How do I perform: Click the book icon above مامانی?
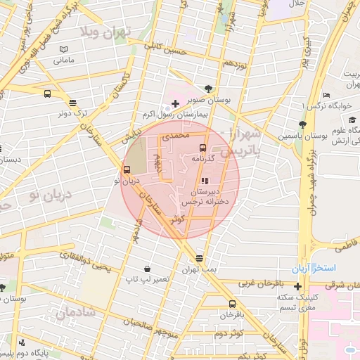pos(64,50)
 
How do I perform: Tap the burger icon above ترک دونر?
pos(47,94)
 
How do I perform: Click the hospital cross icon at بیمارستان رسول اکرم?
pos(175,103)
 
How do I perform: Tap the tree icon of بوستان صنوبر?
pos(208,89)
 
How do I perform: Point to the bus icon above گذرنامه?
pos(203,148)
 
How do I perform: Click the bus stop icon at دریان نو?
pos(127,169)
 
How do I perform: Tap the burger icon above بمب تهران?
pos(200,259)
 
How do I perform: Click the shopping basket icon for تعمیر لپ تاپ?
pos(147,269)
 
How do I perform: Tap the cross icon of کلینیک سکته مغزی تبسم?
pos(298,286)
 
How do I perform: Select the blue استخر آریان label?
pos(314,269)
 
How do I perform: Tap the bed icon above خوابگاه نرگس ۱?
pos(326,96)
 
